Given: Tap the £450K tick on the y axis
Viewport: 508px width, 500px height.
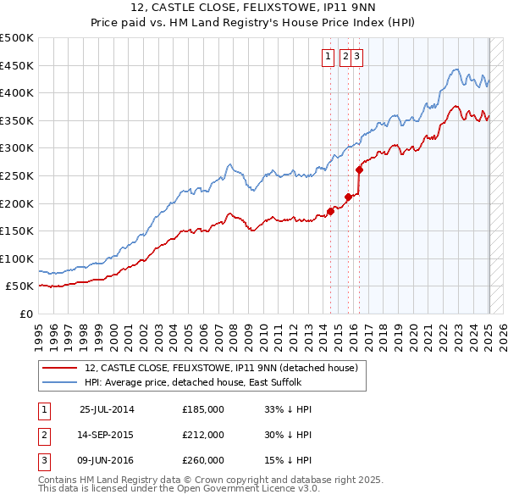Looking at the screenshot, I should pos(17,65).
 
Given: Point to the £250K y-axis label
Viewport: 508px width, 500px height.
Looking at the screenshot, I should pos(17,175).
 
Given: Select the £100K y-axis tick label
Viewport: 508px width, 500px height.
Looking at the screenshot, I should pos(17,258).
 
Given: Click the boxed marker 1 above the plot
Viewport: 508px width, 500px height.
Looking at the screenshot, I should pos(328,57).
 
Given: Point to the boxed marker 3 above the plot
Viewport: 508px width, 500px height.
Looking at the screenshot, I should pos(356,57).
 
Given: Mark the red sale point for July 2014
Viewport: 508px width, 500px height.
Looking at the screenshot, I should pos(331,211).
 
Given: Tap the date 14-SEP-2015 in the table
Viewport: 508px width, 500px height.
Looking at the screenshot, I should pos(106,435).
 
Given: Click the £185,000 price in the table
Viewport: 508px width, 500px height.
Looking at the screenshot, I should pos(203,409).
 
